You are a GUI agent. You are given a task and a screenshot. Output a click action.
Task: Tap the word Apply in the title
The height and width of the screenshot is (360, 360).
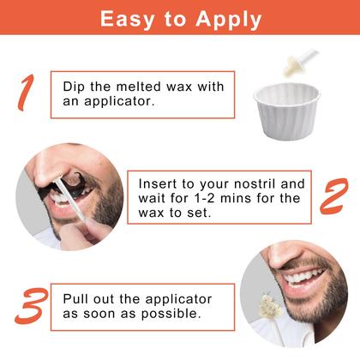(x=228, y=20)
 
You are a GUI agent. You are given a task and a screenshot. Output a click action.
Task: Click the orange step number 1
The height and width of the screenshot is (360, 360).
(x=26, y=93)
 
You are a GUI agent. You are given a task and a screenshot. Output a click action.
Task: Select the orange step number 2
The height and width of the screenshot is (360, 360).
(x=334, y=196)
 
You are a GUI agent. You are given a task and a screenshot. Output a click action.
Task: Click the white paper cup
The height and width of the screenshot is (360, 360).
(x=287, y=111)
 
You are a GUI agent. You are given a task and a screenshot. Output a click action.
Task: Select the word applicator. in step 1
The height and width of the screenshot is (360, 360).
(x=119, y=102)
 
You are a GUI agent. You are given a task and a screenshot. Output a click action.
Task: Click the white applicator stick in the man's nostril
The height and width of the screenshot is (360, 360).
(x=70, y=199)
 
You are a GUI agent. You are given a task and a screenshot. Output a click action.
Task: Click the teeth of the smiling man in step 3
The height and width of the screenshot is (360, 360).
(x=303, y=276)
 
